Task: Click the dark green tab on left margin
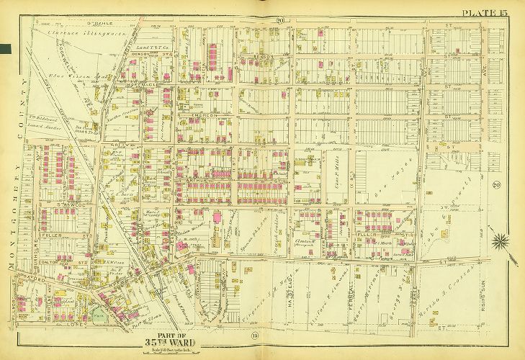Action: (x=5, y=48)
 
